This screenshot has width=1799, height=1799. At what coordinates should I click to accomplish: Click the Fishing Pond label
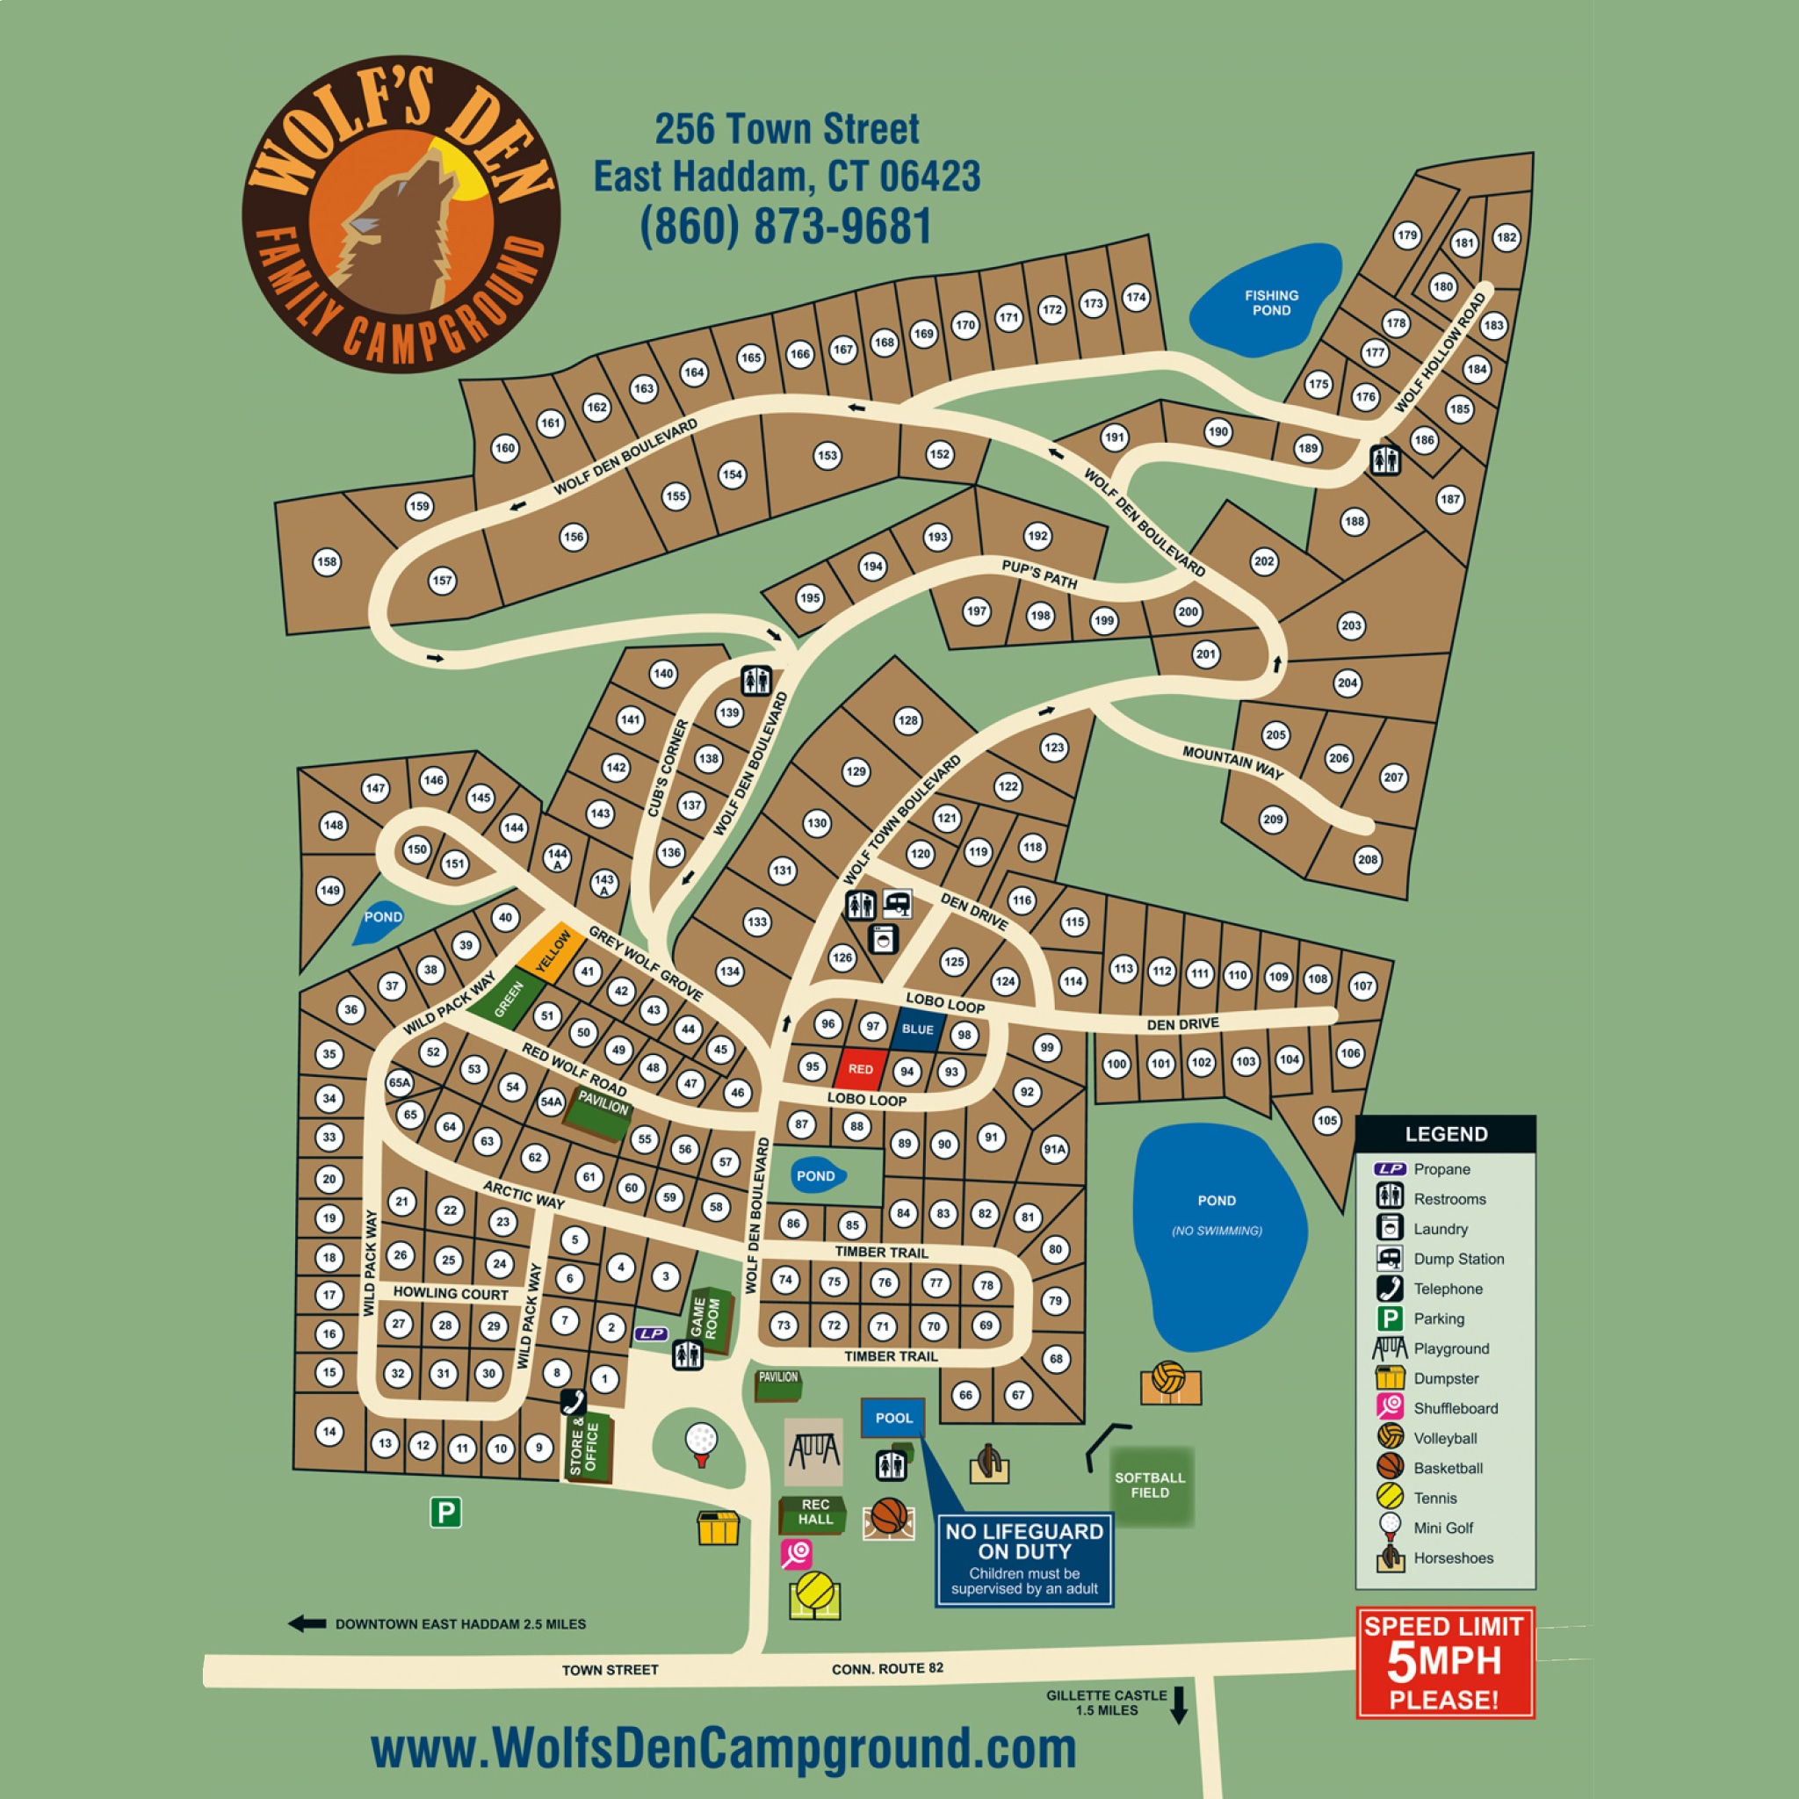click(x=1271, y=303)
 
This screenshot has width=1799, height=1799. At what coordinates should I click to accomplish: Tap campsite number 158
click(x=327, y=561)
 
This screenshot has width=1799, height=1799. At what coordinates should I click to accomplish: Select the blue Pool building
click(x=893, y=1418)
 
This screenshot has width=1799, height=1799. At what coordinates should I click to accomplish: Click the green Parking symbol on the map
click(x=445, y=1513)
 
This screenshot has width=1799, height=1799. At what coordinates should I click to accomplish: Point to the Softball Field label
click(x=1150, y=1485)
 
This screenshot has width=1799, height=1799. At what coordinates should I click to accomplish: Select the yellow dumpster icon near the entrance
click(x=718, y=1528)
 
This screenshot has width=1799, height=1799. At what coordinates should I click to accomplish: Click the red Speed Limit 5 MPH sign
click(x=1444, y=1662)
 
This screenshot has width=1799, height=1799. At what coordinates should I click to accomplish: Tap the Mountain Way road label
click(x=1232, y=762)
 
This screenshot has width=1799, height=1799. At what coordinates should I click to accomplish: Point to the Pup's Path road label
click(x=1039, y=574)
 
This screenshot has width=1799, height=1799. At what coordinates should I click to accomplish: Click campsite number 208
click(x=1367, y=859)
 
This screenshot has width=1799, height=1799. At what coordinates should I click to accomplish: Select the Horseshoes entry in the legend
click(x=1453, y=1557)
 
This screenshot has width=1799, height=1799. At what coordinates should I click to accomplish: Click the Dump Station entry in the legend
click(x=1458, y=1259)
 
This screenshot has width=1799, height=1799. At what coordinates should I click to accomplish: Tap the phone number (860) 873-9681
click(x=786, y=227)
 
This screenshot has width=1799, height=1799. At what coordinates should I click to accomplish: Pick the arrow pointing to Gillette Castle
click(x=1179, y=1705)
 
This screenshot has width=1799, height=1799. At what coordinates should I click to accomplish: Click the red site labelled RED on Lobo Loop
click(x=860, y=1069)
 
